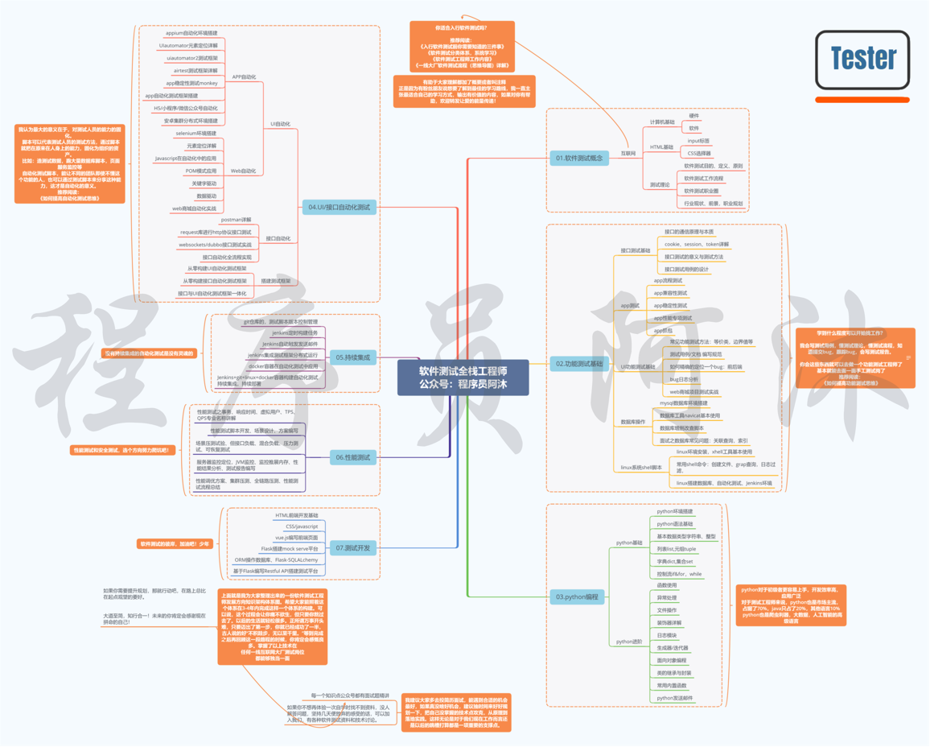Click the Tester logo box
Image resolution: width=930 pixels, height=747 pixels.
[862, 60]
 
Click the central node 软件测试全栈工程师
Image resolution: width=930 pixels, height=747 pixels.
[463, 378]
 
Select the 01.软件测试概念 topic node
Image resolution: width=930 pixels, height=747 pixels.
[578, 159]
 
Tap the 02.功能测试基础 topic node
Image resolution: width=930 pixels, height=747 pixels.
[578, 364]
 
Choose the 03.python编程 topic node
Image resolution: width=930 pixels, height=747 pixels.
[578, 597]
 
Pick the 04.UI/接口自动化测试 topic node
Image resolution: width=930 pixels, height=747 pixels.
[339, 207]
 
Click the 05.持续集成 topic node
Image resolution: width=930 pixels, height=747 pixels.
[352, 357]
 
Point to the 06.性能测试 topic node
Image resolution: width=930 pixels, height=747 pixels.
[353, 457]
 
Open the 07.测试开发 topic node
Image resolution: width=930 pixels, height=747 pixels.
[353, 548]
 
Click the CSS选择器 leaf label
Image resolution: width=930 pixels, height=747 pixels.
[698, 153]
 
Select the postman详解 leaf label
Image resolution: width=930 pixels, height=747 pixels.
[236, 220]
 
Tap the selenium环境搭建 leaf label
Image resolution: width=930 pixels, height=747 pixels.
[196, 134]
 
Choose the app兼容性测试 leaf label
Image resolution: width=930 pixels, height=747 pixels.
[670, 293]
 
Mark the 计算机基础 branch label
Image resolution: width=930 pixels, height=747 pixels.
[662, 122]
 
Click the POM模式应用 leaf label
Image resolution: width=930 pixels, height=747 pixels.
[201, 171]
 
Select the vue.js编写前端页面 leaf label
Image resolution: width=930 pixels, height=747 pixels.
[296, 537]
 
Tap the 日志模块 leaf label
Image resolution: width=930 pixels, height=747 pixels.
[667, 635]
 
